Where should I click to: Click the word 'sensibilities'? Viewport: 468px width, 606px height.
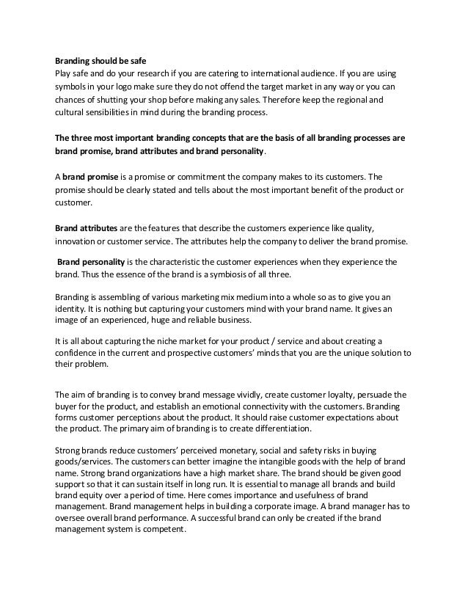coord(111,112)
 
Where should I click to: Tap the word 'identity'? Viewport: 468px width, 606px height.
coord(72,309)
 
